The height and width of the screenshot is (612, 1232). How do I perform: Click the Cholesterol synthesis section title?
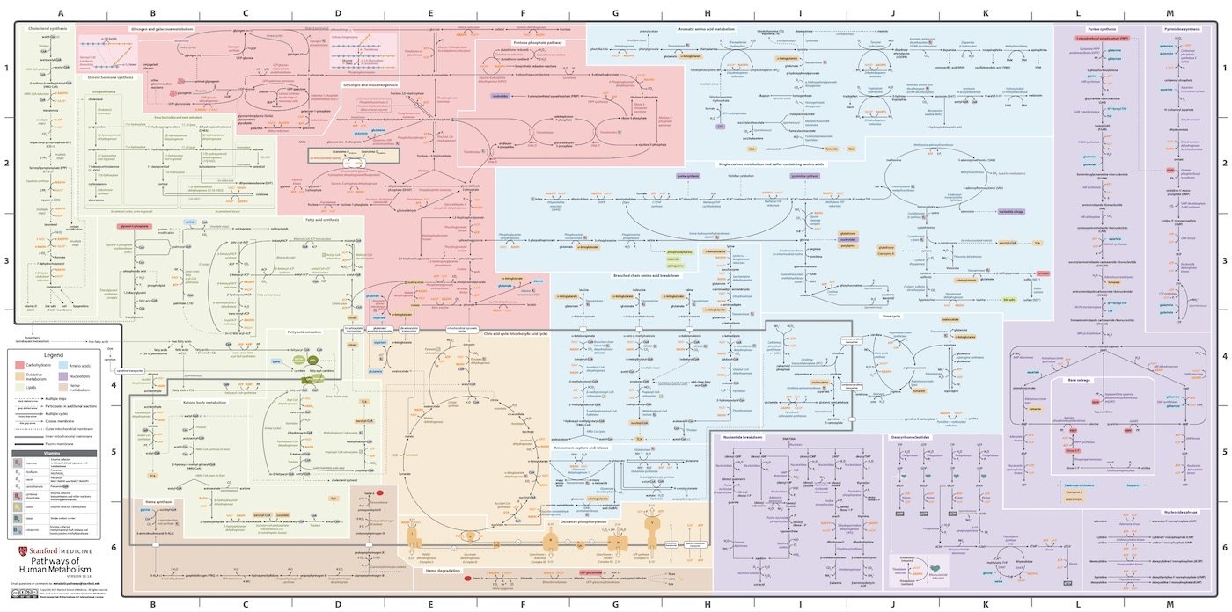click(47, 29)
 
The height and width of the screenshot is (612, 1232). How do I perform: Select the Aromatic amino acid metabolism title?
click(706, 29)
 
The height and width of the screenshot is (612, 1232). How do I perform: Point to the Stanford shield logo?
click(23, 551)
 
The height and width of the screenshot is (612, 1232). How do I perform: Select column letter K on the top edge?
click(986, 13)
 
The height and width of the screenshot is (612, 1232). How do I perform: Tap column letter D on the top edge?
click(338, 13)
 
